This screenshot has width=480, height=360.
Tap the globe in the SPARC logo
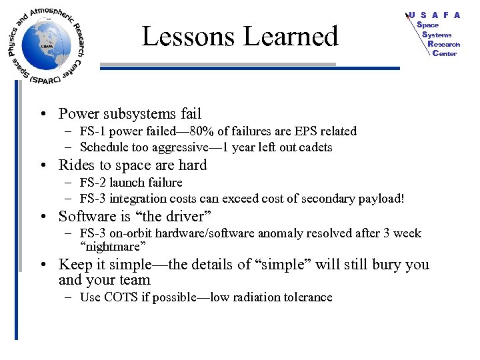point(45,45)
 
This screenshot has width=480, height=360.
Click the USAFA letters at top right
point(435,15)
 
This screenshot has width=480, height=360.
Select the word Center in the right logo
point(444,53)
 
